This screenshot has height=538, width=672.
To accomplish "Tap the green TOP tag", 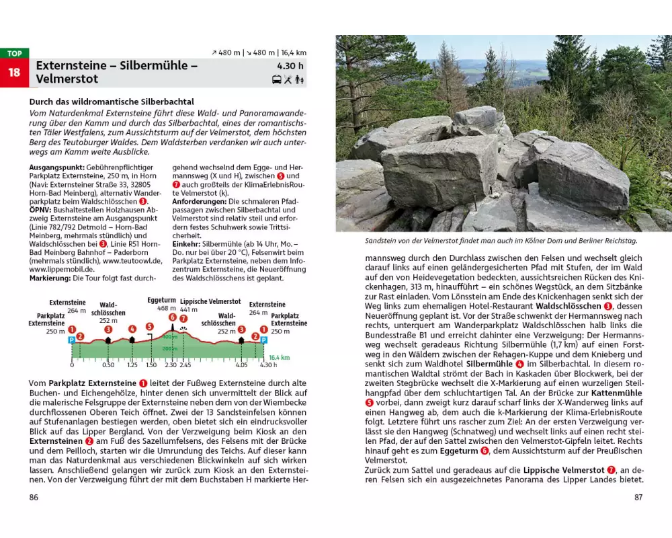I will (x=14, y=53).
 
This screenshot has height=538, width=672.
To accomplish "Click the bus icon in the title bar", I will (x=277, y=80).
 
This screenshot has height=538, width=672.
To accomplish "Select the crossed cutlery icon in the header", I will (x=288, y=80).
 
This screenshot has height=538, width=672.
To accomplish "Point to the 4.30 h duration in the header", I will (x=290, y=66).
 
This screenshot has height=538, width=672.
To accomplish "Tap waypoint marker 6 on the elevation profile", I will (x=172, y=317).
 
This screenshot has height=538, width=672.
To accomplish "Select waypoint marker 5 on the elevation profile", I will (x=149, y=327).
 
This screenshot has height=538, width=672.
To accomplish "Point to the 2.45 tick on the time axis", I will (x=185, y=364).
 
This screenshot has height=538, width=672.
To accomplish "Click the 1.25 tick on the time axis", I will (x=132, y=364).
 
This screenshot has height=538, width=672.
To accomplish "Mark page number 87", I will (x=638, y=498).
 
